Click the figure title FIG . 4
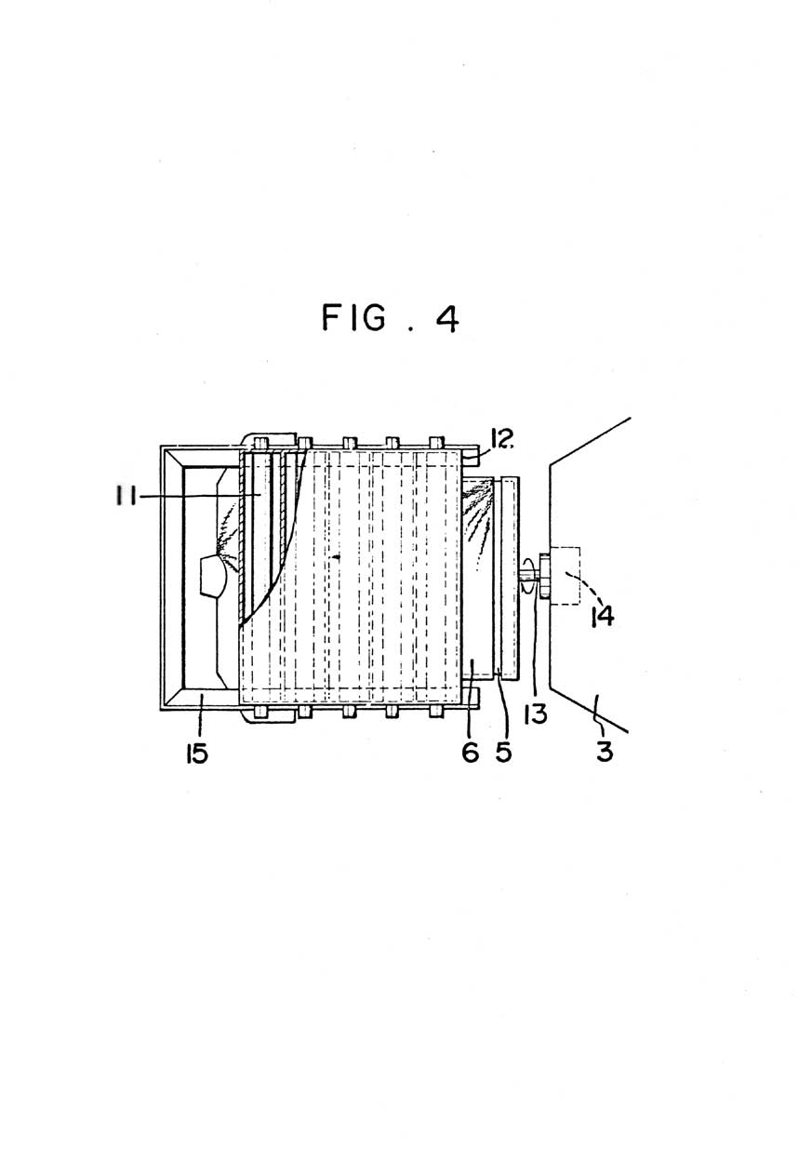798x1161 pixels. tap(391, 318)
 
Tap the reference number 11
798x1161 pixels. tap(126, 497)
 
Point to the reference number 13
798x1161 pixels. tap(536, 714)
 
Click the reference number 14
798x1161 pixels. tap(604, 617)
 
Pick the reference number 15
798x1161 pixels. tap(197, 753)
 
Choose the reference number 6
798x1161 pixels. tap(470, 753)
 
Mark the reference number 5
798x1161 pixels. tap(503, 753)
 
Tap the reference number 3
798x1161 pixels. tap(605, 752)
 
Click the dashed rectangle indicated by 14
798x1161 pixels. tap(565, 575)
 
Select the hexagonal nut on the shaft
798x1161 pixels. tap(545, 576)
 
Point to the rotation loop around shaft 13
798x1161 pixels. tap(528, 575)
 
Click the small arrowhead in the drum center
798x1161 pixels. tap(337, 557)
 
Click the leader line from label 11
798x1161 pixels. tap(199, 497)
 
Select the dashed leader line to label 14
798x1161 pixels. tap(584, 587)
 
